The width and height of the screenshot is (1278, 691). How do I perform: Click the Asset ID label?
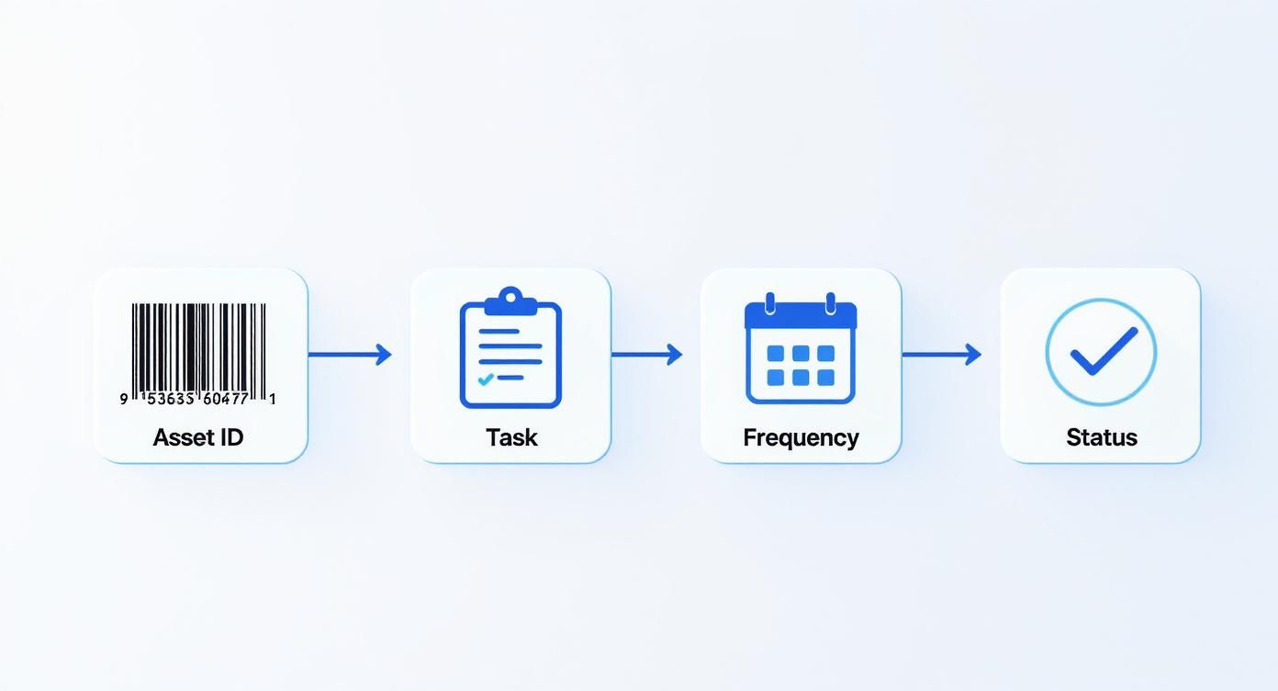[x=198, y=437]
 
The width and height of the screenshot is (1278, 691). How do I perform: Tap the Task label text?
[x=511, y=437]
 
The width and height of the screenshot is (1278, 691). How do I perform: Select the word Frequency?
[x=801, y=437]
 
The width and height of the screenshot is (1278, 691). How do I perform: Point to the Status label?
[x=1101, y=437]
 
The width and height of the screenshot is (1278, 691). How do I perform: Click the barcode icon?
[x=198, y=349]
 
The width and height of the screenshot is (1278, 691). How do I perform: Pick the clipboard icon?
[x=510, y=349]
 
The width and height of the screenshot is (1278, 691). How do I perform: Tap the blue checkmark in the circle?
[x=1103, y=351]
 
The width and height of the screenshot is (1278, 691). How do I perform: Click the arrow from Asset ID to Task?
[x=350, y=354]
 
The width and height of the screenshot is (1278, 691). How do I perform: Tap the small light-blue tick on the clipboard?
[x=486, y=379]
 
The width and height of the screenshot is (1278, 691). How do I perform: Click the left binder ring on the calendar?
[x=769, y=302]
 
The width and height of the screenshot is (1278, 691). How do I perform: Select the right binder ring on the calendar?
[x=831, y=302]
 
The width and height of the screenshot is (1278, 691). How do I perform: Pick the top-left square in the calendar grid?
[x=776, y=354]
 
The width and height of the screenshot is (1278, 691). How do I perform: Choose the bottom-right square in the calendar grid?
[x=825, y=377]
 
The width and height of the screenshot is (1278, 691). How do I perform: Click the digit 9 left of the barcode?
[x=124, y=399]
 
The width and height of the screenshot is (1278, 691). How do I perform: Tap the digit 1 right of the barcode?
[x=273, y=399]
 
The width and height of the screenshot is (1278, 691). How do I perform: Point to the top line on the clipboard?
[x=499, y=331]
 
